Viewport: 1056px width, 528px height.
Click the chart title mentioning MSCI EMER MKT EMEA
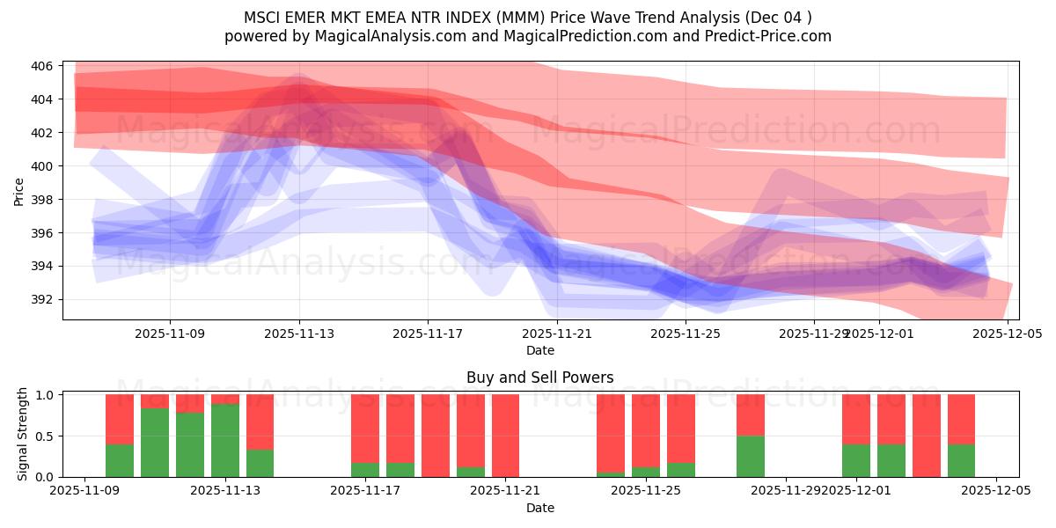click(527, 18)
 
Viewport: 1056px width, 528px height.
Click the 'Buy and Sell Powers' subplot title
click(539, 378)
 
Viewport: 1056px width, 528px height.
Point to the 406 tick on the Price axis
click(45, 66)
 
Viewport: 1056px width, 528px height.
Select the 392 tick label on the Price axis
click(45, 299)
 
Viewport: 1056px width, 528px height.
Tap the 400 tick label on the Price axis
click(45, 166)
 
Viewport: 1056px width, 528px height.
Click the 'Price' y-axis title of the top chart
click(19, 191)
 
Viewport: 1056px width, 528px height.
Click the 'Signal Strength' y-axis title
click(23, 435)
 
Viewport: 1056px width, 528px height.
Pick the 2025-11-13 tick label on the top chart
click(299, 334)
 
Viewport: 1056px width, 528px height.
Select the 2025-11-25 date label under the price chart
click(686, 334)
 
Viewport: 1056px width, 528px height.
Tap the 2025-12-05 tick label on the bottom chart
click(996, 491)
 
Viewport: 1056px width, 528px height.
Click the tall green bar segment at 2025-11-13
click(225, 440)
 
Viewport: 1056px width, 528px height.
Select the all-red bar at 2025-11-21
click(505, 436)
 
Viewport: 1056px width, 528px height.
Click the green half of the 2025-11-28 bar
click(751, 456)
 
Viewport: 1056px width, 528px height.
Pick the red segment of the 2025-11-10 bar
click(120, 419)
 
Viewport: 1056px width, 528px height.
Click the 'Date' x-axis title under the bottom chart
click(539, 508)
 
